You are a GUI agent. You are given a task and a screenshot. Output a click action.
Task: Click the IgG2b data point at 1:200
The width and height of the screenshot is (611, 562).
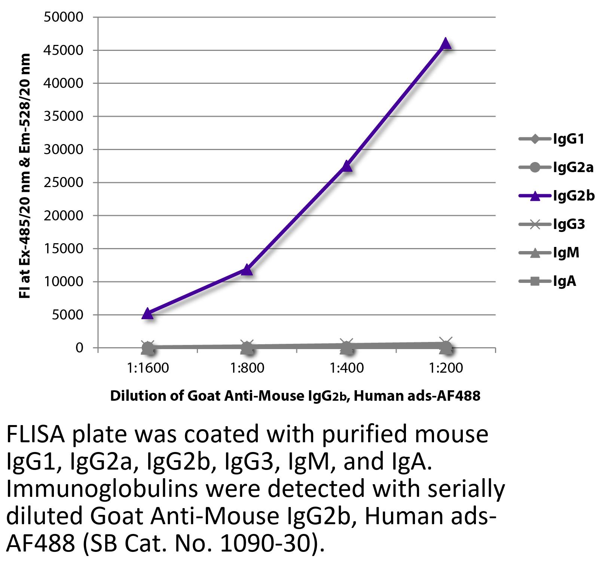[x=446, y=44]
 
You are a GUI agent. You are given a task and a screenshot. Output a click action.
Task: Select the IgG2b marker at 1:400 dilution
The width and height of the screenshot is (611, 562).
[x=346, y=166]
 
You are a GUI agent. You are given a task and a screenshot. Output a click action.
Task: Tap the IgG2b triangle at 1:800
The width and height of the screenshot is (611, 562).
[x=247, y=269]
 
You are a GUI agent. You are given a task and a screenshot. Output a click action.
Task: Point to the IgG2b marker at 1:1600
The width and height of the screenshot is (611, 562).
[x=148, y=314]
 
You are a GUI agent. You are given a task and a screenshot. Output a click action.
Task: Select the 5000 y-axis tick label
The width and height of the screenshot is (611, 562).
[x=67, y=315]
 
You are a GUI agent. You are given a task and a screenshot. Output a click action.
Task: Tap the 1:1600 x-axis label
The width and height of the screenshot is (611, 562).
[x=148, y=368]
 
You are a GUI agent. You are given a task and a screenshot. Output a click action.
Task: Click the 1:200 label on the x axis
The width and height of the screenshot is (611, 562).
[x=446, y=368]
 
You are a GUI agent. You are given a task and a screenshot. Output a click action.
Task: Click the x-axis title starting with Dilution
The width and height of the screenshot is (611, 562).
[x=295, y=396]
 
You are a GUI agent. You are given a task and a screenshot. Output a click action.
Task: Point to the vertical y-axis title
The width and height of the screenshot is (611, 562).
[x=25, y=176]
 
